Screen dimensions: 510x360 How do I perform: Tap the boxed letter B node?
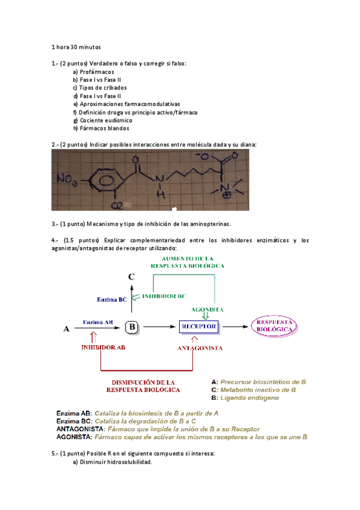click(132, 328)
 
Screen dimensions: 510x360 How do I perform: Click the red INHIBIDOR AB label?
click(104, 347)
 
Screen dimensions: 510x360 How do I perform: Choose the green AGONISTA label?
click(207, 309)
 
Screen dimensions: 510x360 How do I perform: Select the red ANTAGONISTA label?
click(200, 348)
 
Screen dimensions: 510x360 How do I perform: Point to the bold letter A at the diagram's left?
click(66, 329)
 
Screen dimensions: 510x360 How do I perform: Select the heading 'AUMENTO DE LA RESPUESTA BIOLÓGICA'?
click(189, 262)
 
